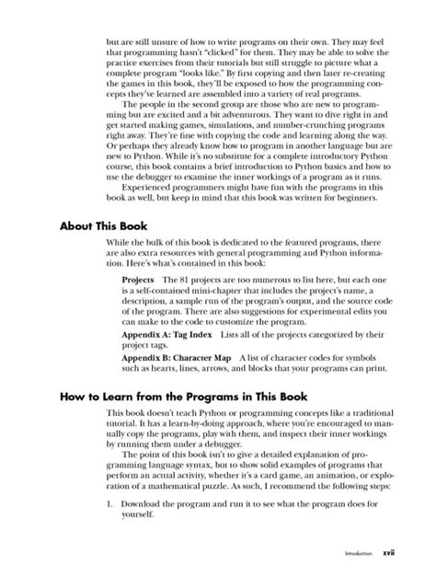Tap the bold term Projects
coord(138,277)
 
